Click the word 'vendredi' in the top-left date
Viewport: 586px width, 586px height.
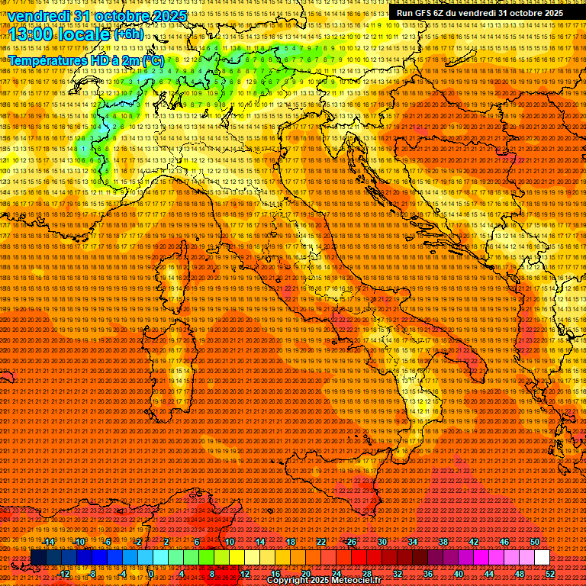coord(37,16)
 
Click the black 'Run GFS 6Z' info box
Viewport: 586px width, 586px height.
coord(480,13)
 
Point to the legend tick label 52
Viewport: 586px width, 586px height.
coord(550,574)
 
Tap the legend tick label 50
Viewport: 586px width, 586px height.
coord(535,542)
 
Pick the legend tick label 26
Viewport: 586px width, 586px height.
coord(352,542)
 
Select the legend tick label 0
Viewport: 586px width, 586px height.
coord(152,574)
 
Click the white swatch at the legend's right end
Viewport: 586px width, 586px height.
coord(542,558)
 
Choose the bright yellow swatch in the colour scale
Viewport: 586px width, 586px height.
coord(237,558)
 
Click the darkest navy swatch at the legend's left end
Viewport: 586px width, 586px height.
coord(38,558)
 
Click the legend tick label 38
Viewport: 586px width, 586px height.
coord(443,542)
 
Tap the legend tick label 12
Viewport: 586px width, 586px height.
coord(245,574)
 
